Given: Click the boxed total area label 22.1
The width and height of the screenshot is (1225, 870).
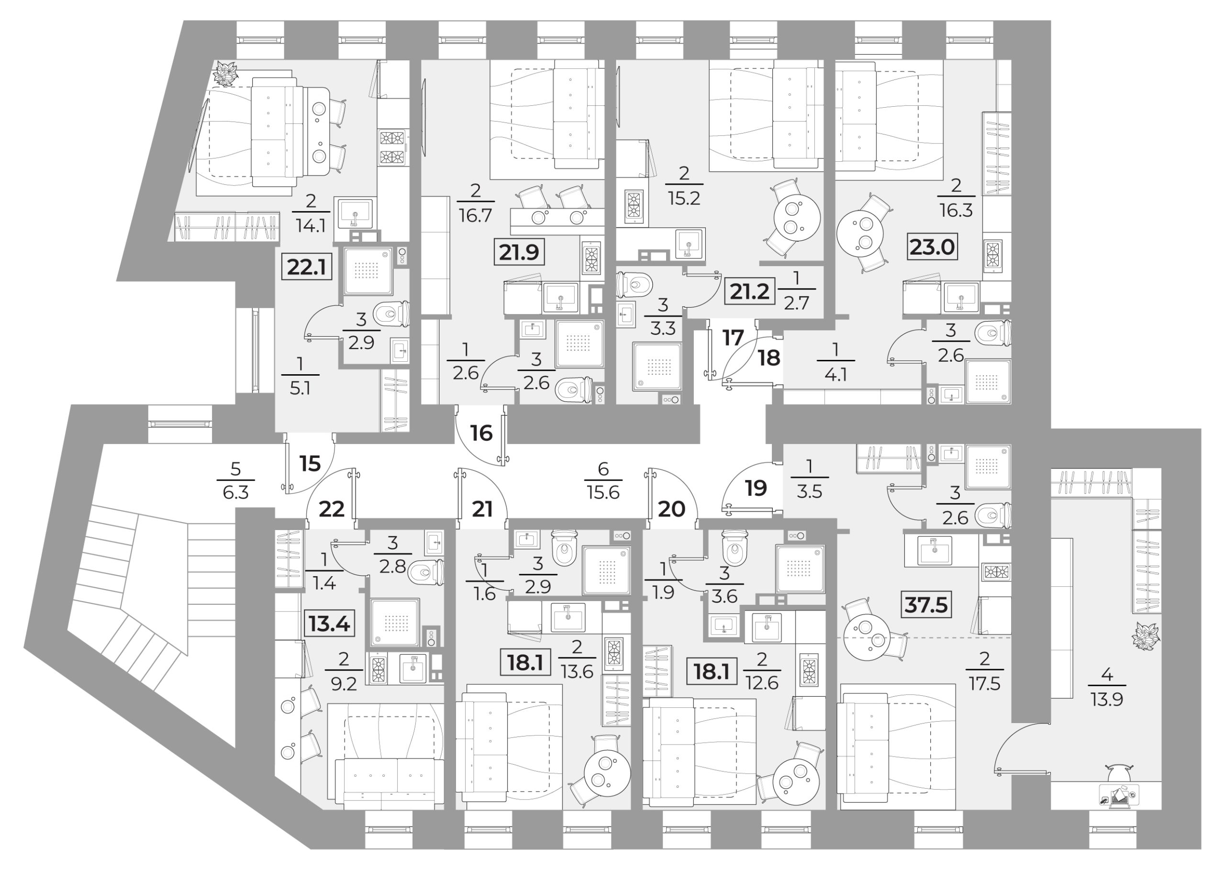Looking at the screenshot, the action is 307,267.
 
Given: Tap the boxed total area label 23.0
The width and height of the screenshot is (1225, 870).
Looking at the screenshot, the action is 933,247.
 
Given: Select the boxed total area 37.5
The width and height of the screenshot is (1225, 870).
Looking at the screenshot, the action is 926,605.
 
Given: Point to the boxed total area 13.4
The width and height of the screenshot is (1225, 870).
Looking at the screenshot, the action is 329,624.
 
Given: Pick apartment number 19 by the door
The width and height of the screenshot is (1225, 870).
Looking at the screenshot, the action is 756,488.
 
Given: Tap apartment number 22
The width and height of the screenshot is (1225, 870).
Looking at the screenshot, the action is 332,509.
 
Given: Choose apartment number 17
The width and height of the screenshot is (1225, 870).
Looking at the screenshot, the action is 733,338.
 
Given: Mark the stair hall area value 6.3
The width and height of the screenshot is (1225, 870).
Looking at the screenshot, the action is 236,492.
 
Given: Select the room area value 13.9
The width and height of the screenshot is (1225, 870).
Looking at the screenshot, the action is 1107,699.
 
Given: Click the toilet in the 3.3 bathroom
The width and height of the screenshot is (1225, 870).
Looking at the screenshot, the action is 634,284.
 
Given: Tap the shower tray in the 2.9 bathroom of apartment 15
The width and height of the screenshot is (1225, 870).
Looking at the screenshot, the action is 368,270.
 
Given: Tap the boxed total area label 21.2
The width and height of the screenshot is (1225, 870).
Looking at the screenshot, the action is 750,292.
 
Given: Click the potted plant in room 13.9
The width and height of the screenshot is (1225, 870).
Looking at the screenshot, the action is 1146,636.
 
